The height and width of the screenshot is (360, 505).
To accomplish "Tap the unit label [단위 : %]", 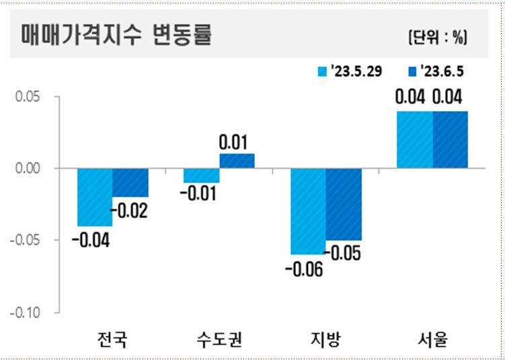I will (x=437, y=38).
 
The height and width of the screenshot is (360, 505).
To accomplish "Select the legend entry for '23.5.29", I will (x=350, y=71).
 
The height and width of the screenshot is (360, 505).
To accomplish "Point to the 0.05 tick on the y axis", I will (x=28, y=97).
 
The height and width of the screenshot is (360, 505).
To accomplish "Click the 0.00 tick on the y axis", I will (x=28, y=168).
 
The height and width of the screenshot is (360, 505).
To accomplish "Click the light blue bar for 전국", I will (x=95, y=197).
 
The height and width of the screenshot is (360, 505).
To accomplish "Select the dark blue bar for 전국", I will (x=130, y=182).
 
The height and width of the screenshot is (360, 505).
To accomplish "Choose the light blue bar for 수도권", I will (x=201, y=176).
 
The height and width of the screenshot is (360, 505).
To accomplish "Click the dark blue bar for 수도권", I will (x=237, y=161).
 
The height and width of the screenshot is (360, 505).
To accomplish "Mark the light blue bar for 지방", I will (x=308, y=211).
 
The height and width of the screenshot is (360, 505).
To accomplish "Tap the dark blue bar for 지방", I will (x=344, y=204).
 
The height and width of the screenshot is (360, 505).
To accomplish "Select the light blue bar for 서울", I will (x=414, y=139).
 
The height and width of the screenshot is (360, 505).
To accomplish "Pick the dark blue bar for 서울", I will (x=450, y=139).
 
